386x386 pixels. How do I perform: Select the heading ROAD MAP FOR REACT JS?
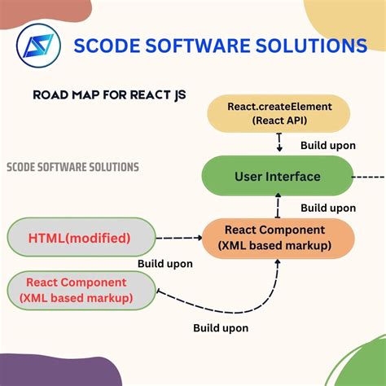click(x=109, y=94)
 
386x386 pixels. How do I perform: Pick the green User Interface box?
click(x=277, y=177)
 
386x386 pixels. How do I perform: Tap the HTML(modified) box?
click(x=80, y=239)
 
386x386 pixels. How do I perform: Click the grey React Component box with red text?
click(x=80, y=291)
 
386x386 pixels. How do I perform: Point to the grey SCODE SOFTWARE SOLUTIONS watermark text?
click(x=72, y=167)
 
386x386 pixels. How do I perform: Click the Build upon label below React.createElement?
click(x=327, y=147)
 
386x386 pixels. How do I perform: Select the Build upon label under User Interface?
click(x=327, y=208)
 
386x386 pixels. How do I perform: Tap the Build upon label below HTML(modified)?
click(x=165, y=264)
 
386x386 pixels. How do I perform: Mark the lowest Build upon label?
click(x=221, y=327)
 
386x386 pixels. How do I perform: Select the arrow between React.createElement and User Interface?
click(x=278, y=144)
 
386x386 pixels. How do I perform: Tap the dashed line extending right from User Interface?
click(x=371, y=177)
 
